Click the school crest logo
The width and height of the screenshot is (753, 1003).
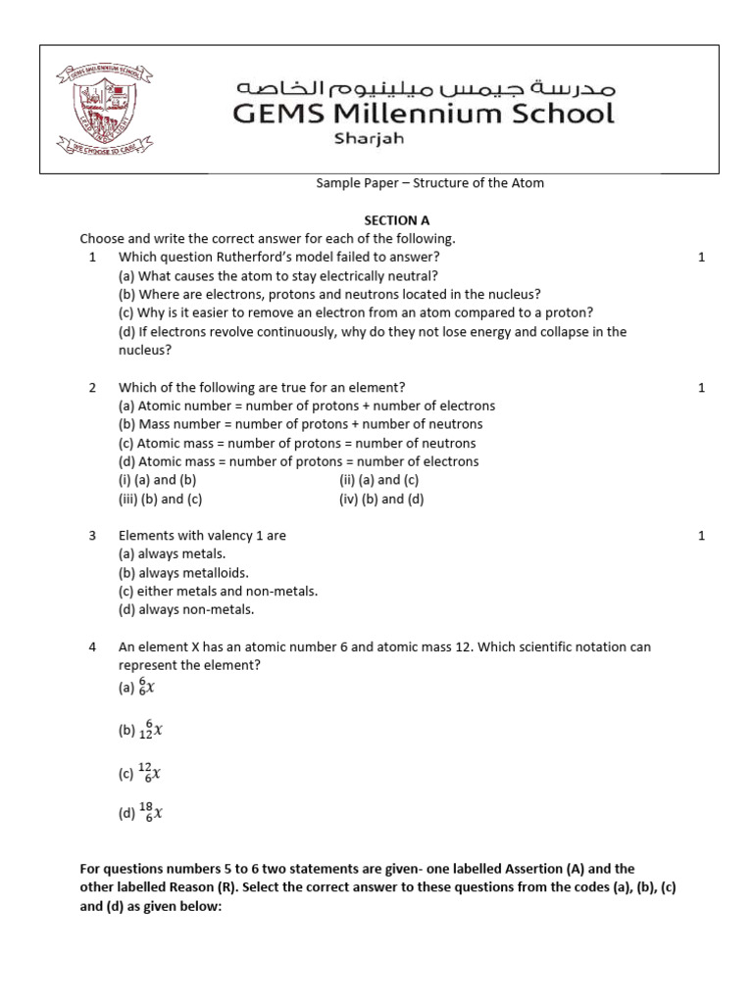tap(108, 111)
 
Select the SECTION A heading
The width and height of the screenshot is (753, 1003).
tap(397, 220)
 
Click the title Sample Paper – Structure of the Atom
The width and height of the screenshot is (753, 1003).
tap(429, 183)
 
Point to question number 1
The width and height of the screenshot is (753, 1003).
tap(92, 257)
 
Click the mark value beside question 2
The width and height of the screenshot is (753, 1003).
tap(701, 388)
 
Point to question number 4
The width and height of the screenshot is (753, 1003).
tap(92, 647)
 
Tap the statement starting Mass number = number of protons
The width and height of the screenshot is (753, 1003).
tap(300, 424)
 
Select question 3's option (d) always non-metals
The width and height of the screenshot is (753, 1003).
tap(186, 610)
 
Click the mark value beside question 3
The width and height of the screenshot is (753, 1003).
tap(701, 536)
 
